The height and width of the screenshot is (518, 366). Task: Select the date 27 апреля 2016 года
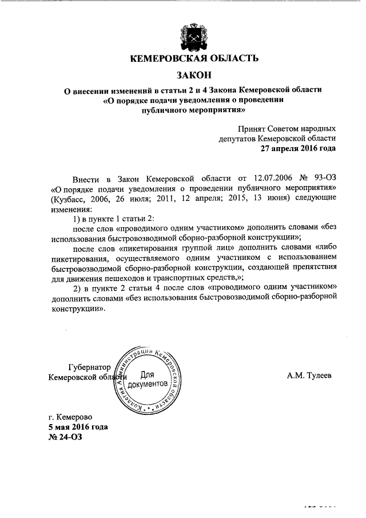pos(298,148)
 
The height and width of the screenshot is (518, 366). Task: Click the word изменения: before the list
pos(69,209)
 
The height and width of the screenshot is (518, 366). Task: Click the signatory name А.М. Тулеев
pos(309,375)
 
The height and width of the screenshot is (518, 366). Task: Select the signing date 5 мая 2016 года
pos(78,427)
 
